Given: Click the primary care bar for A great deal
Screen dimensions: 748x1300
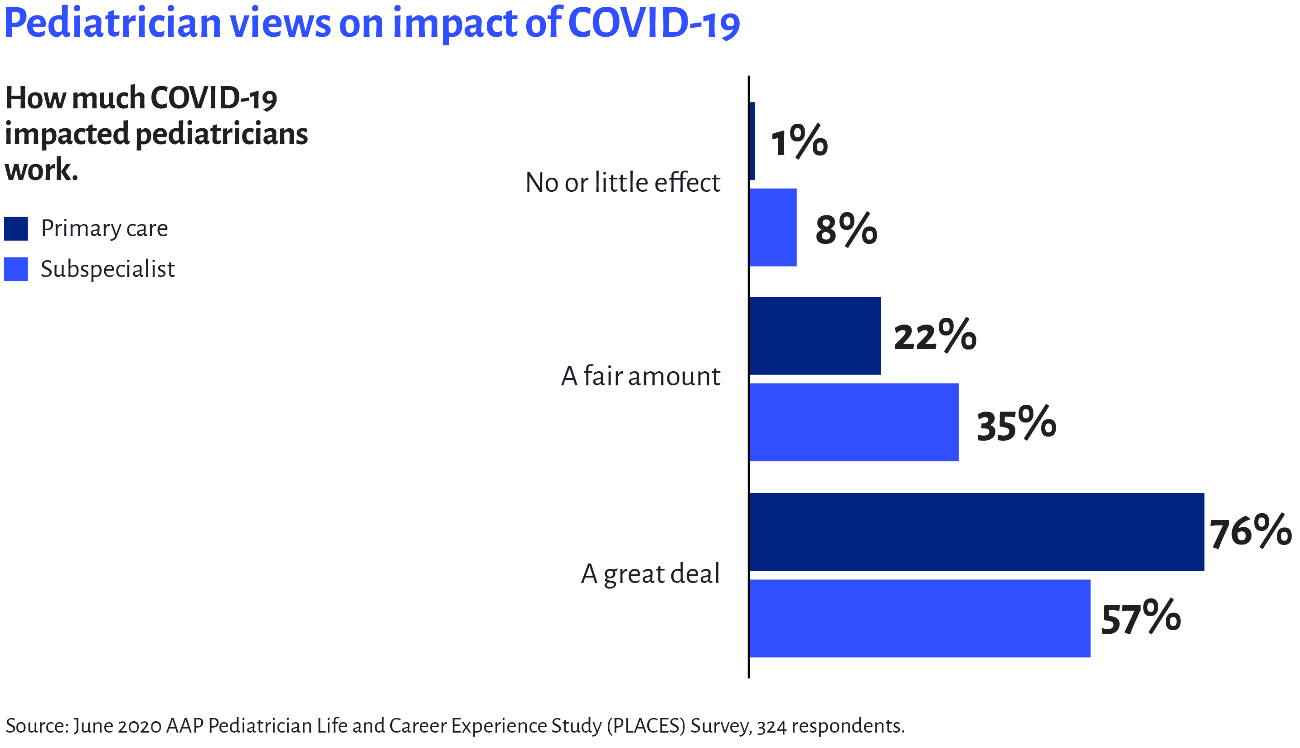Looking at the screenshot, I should coord(976,532).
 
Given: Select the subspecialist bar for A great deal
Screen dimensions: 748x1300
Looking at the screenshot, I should coord(919,618).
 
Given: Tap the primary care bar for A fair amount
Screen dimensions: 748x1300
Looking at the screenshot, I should coord(815,335).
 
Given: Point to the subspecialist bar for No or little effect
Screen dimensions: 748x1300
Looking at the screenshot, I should coord(773,227).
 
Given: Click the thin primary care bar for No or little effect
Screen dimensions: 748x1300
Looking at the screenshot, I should coord(752,141).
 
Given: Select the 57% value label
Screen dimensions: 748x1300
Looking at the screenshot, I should coord(1140,618).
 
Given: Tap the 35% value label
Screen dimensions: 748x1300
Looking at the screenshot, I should coord(1016,424).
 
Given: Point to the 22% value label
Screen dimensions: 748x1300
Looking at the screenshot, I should coord(935,335).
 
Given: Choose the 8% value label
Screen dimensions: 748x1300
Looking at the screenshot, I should coord(846,228).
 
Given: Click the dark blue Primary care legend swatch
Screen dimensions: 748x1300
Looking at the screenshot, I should coord(16,228).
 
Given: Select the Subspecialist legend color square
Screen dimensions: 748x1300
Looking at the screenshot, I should coord(16,269).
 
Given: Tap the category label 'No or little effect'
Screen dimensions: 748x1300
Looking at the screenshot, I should coord(622,183).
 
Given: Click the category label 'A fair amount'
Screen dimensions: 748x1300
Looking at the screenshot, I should coord(640,376).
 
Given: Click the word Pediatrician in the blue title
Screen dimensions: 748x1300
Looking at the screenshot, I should coord(112,24).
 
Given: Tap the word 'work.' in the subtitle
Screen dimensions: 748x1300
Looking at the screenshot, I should coord(41,170).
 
